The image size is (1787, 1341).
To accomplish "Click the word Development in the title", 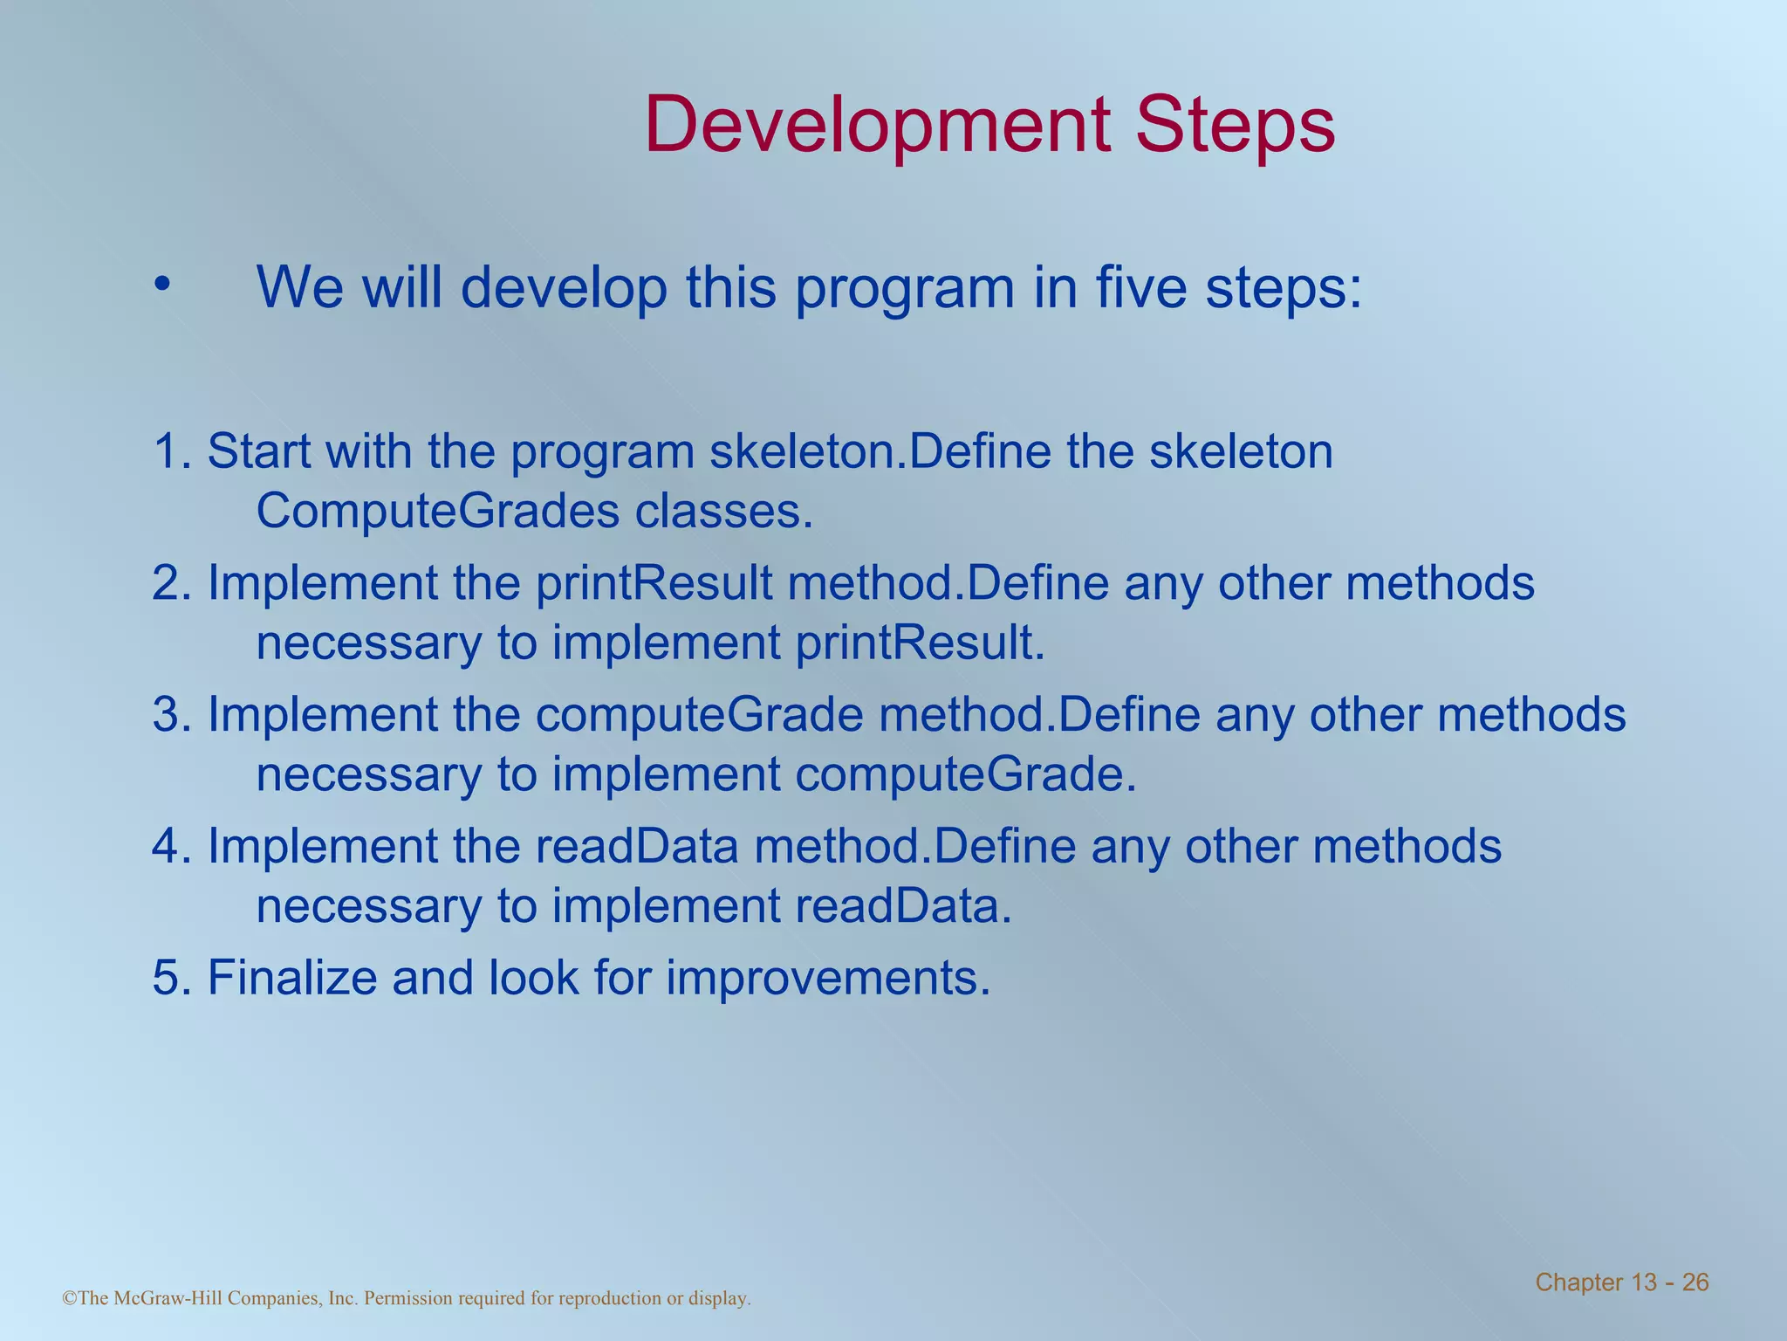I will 877,127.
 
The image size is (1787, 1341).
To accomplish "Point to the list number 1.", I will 167,451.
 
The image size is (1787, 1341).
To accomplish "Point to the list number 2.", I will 167,583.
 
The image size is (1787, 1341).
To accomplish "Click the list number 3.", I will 167,714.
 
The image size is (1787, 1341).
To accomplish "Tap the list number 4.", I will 167,846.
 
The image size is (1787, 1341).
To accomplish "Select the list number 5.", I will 167,977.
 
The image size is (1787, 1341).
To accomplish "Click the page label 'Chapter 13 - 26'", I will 1621,1282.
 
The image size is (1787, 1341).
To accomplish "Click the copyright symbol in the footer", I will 70,1298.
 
